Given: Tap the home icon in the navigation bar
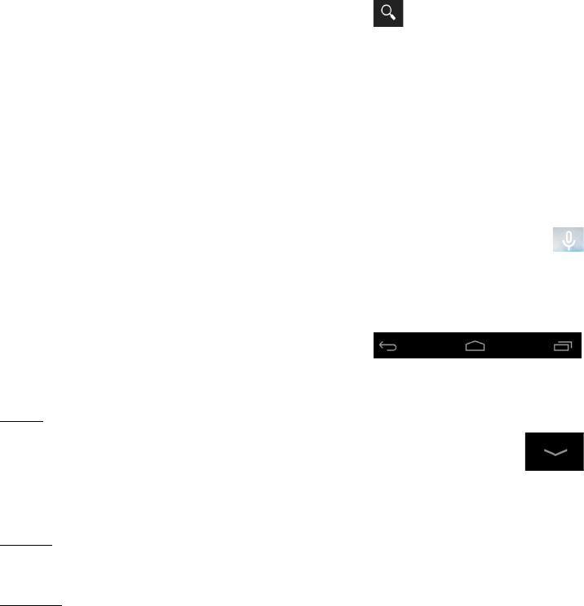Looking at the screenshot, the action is [x=475, y=346].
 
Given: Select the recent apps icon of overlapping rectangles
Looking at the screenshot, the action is [x=563, y=346].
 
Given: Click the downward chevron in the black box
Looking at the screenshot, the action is [x=554, y=451].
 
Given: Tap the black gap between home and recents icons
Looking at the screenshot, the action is [x=519, y=346].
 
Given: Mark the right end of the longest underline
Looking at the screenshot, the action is [x=61, y=604].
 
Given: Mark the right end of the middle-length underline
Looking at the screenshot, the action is [x=51, y=547].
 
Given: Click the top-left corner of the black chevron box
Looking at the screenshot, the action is [x=524, y=433].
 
